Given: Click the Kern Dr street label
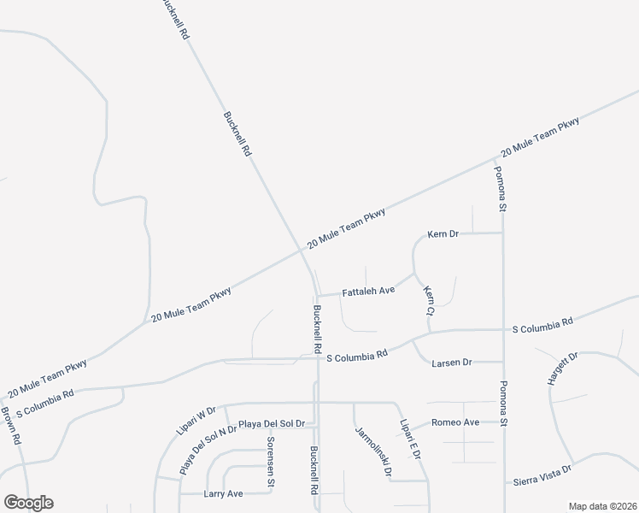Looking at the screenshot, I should (x=445, y=233).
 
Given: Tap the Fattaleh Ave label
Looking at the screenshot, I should (x=368, y=292).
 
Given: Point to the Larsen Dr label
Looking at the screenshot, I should (x=454, y=363).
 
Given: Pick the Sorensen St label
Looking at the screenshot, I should (x=271, y=461).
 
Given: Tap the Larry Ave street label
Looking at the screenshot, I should (x=224, y=493).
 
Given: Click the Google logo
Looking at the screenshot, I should (x=28, y=503).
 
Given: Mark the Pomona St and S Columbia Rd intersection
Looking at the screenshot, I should (x=502, y=328).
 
